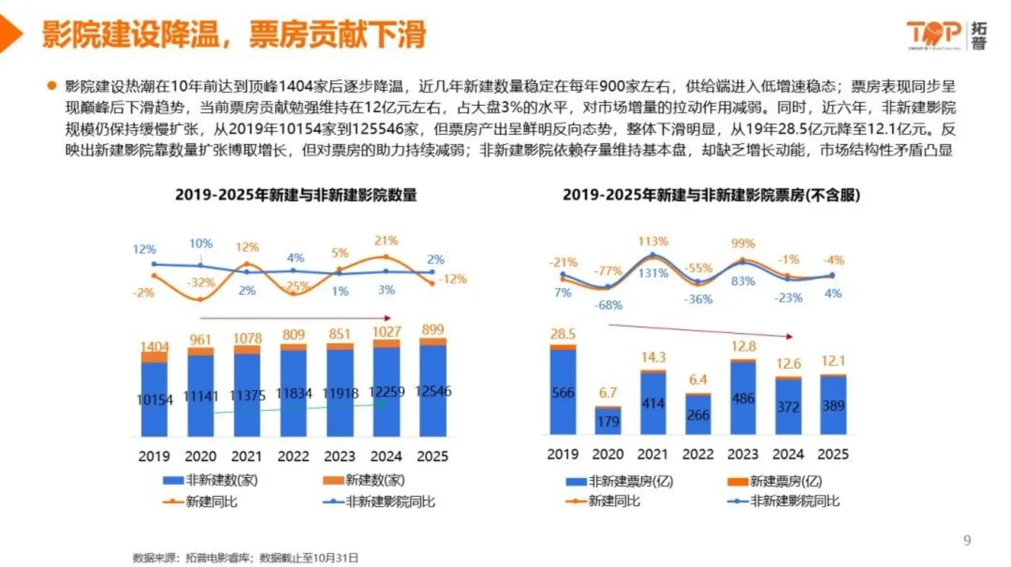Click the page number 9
[x=967, y=540]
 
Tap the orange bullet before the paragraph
[x=51, y=86]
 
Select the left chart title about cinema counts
[x=296, y=195]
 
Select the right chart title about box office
[x=711, y=195]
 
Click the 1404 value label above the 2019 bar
[x=154, y=347]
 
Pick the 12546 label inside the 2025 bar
[x=433, y=391]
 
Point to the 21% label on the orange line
[x=386, y=241]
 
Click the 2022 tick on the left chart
[x=293, y=456]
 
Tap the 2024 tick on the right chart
[x=788, y=454]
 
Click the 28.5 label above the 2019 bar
[x=562, y=334]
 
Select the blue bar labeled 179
[x=608, y=422]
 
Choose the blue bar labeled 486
[x=743, y=398]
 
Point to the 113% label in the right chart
[x=653, y=241]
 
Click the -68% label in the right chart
[x=608, y=305]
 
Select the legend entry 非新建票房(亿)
[x=620, y=481]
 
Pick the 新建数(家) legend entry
[x=363, y=480]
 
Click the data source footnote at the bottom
[x=245, y=558]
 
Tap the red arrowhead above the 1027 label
[x=388, y=318]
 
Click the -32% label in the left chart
[x=201, y=282]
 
